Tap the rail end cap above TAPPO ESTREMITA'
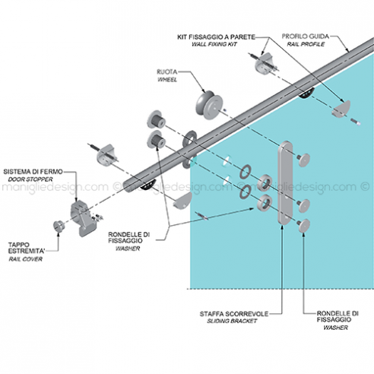pyautogui.click(x=59, y=226)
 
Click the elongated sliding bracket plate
pyautogui.click(x=286, y=182)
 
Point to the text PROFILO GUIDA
pyautogui.click(x=306, y=36)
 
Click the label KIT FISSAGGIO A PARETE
pyautogui.click(x=216, y=37)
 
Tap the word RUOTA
pyautogui.click(x=166, y=72)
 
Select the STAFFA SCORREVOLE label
pyautogui.click(x=234, y=314)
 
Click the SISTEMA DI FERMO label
pyautogui.click(x=33, y=172)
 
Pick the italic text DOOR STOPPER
pyautogui.click(x=30, y=179)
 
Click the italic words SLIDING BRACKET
pyautogui.click(x=232, y=321)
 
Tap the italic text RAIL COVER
pyautogui.click(x=26, y=259)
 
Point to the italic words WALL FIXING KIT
pyautogui.click(x=214, y=44)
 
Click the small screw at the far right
pyautogui.click(x=356, y=122)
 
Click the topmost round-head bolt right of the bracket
pyautogui.click(x=303, y=160)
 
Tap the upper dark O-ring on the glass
pyautogui.click(x=246, y=172)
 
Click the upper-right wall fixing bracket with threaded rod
pyautogui.click(x=265, y=62)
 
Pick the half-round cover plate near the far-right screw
pyautogui.click(x=341, y=109)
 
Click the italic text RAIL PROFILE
pyautogui.click(x=306, y=44)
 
